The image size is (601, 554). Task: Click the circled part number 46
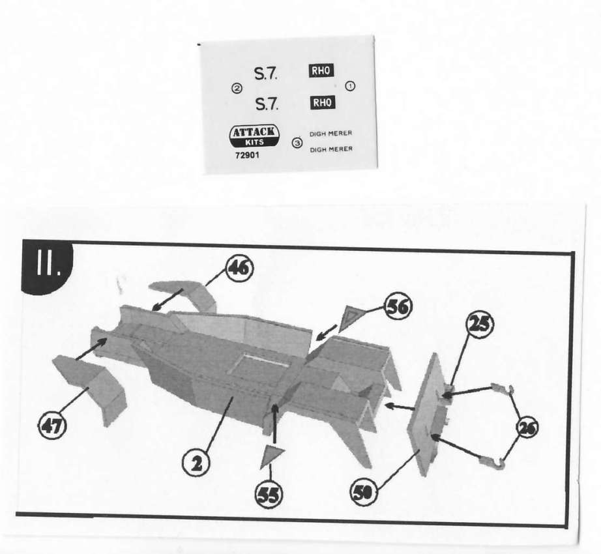240,268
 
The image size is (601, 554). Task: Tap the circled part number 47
51,425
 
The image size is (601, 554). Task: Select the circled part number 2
196,463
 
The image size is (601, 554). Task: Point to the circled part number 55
269,494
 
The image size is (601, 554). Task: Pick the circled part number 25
479,325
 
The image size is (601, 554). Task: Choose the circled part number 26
527,428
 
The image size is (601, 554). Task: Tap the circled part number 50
364,492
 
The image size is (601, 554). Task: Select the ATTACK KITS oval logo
254,136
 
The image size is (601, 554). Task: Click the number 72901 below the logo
247,156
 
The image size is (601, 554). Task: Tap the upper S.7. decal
266,73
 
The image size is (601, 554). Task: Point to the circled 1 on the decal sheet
350,86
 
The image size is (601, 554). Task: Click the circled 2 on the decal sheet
237,89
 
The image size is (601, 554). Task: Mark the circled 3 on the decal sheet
297,143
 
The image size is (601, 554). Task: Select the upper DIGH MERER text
330,134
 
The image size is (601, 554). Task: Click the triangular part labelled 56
349,317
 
